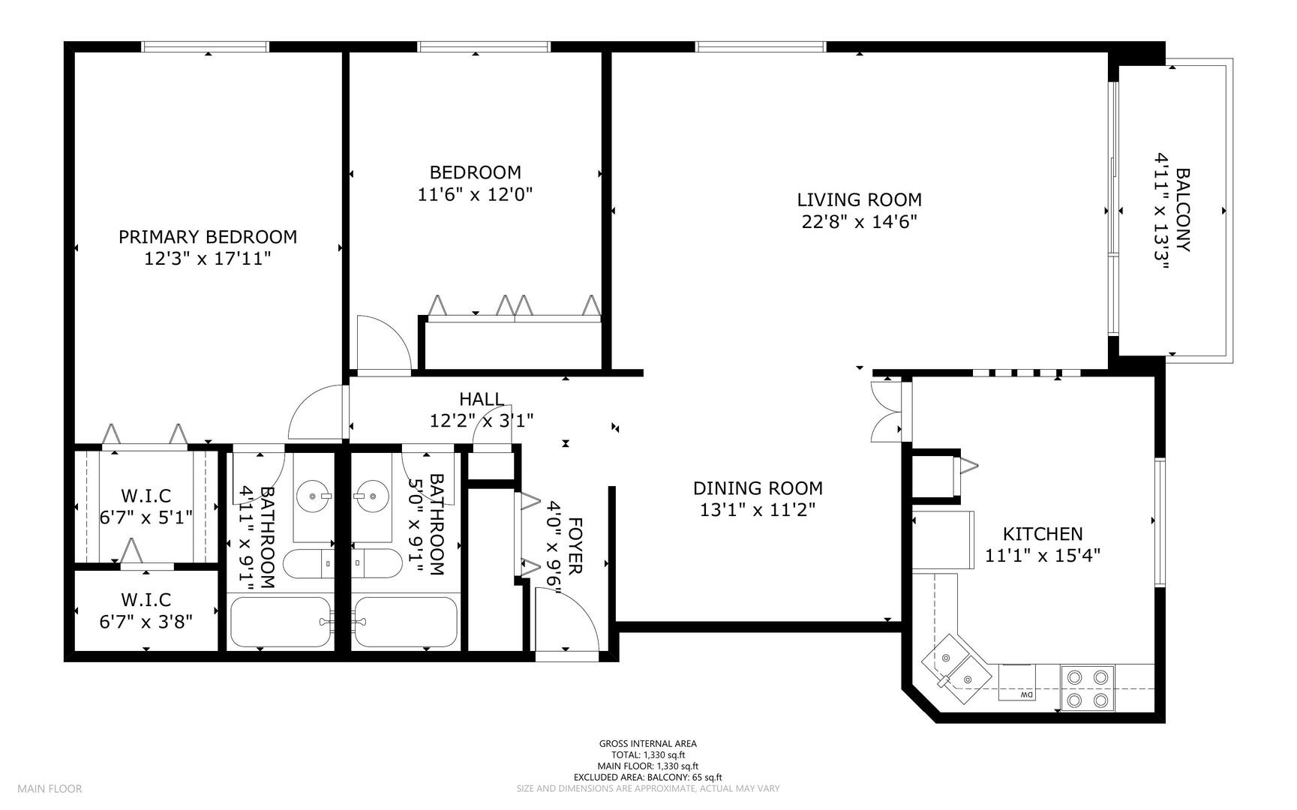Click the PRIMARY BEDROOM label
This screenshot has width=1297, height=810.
pos(208,237)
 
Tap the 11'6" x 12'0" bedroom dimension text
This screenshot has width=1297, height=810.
pos(475,195)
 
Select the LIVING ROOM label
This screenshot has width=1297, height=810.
pos(859,200)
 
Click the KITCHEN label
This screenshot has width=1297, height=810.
pos(1043,534)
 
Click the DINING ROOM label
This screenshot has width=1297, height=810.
pos(758,488)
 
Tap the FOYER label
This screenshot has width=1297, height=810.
pos(575,546)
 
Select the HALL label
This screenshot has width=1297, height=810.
pos(482,399)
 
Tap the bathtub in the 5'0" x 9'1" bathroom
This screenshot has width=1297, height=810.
pos(406,622)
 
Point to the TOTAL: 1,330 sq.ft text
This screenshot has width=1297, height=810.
pos(647,755)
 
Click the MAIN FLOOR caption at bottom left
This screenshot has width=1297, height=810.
pos(50,788)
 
